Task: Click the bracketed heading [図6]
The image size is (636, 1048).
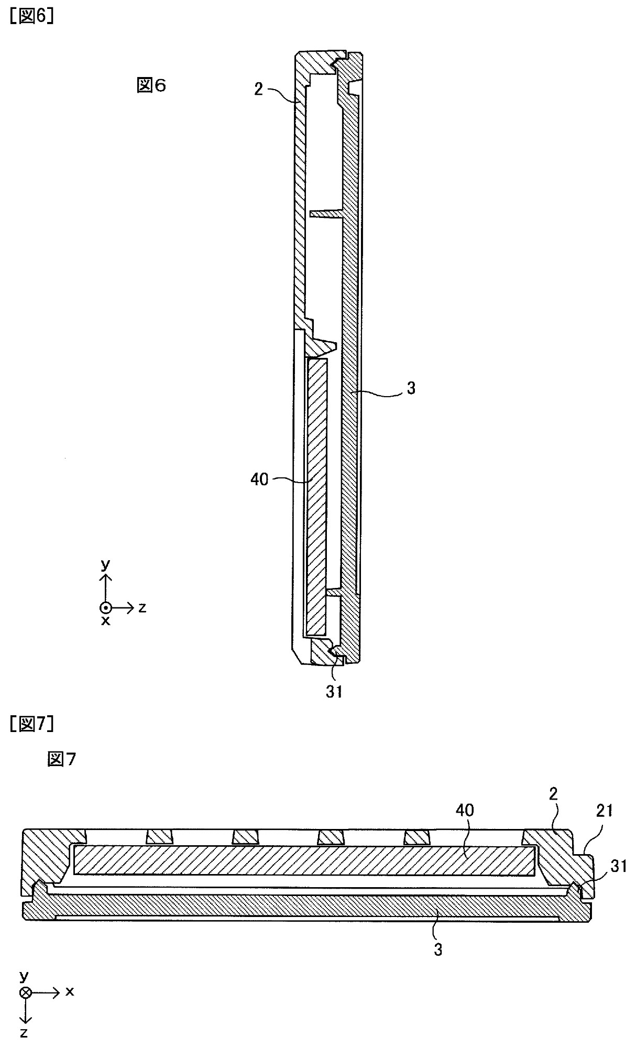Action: pyautogui.click(x=32, y=17)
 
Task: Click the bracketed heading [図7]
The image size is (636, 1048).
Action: pyautogui.click(x=31, y=724)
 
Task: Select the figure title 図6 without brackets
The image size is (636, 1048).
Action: pyautogui.click(x=151, y=85)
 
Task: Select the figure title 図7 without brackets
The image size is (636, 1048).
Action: pyautogui.click(x=61, y=758)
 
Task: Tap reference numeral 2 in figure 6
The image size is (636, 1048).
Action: pyautogui.click(x=258, y=90)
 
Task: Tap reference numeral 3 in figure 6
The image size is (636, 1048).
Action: pyautogui.click(x=411, y=388)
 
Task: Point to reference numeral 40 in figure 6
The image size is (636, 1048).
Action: pyautogui.click(x=259, y=478)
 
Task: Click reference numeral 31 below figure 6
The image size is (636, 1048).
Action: pyautogui.click(x=334, y=691)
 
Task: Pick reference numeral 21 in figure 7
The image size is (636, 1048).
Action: pyautogui.click(x=604, y=811)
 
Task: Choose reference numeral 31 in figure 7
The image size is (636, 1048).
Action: pyautogui.click(x=619, y=866)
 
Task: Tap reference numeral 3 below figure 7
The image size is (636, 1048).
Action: pyautogui.click(x=438, y=949)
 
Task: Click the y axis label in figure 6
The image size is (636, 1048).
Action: pyautogui.click(x=106, y=564)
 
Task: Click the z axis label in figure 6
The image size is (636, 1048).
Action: pyautogui.click(x=142, y=607)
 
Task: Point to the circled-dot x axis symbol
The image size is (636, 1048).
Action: pyautogui.click(x=106, y=608)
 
